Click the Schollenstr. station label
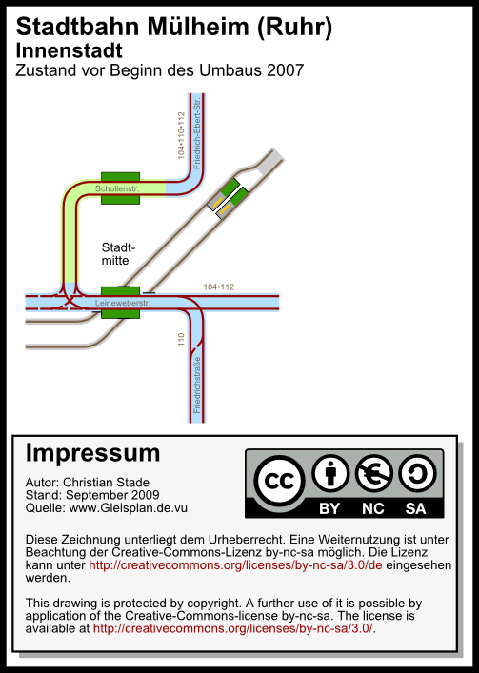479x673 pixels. [x=117, y=188]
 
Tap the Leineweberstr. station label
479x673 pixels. [x=123, y=303]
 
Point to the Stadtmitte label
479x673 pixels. [x=118, y=253]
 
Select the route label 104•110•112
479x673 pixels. [x=181, y=135]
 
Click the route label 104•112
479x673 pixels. [x=219, y=287]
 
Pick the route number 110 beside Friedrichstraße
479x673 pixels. [x=181, y=340]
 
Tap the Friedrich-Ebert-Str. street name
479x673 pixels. [x=196, y=133]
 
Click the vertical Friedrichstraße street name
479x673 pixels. [x=196, y=385]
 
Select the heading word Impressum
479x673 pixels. [x=92, y=453]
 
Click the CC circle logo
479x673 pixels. [x=279, y=481]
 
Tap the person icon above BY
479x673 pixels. [x=330, y=473]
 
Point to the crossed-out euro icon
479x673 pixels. [x=373, y=473]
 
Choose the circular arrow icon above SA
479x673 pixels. [x=417, y=473]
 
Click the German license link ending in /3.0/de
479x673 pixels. [x=235, y=564]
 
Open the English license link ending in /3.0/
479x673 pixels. [x=233, y=628]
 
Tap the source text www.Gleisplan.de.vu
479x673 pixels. [x=128, y=507]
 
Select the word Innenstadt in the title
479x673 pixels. [x=70, y=50]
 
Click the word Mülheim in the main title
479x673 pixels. [x=198, y=27]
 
